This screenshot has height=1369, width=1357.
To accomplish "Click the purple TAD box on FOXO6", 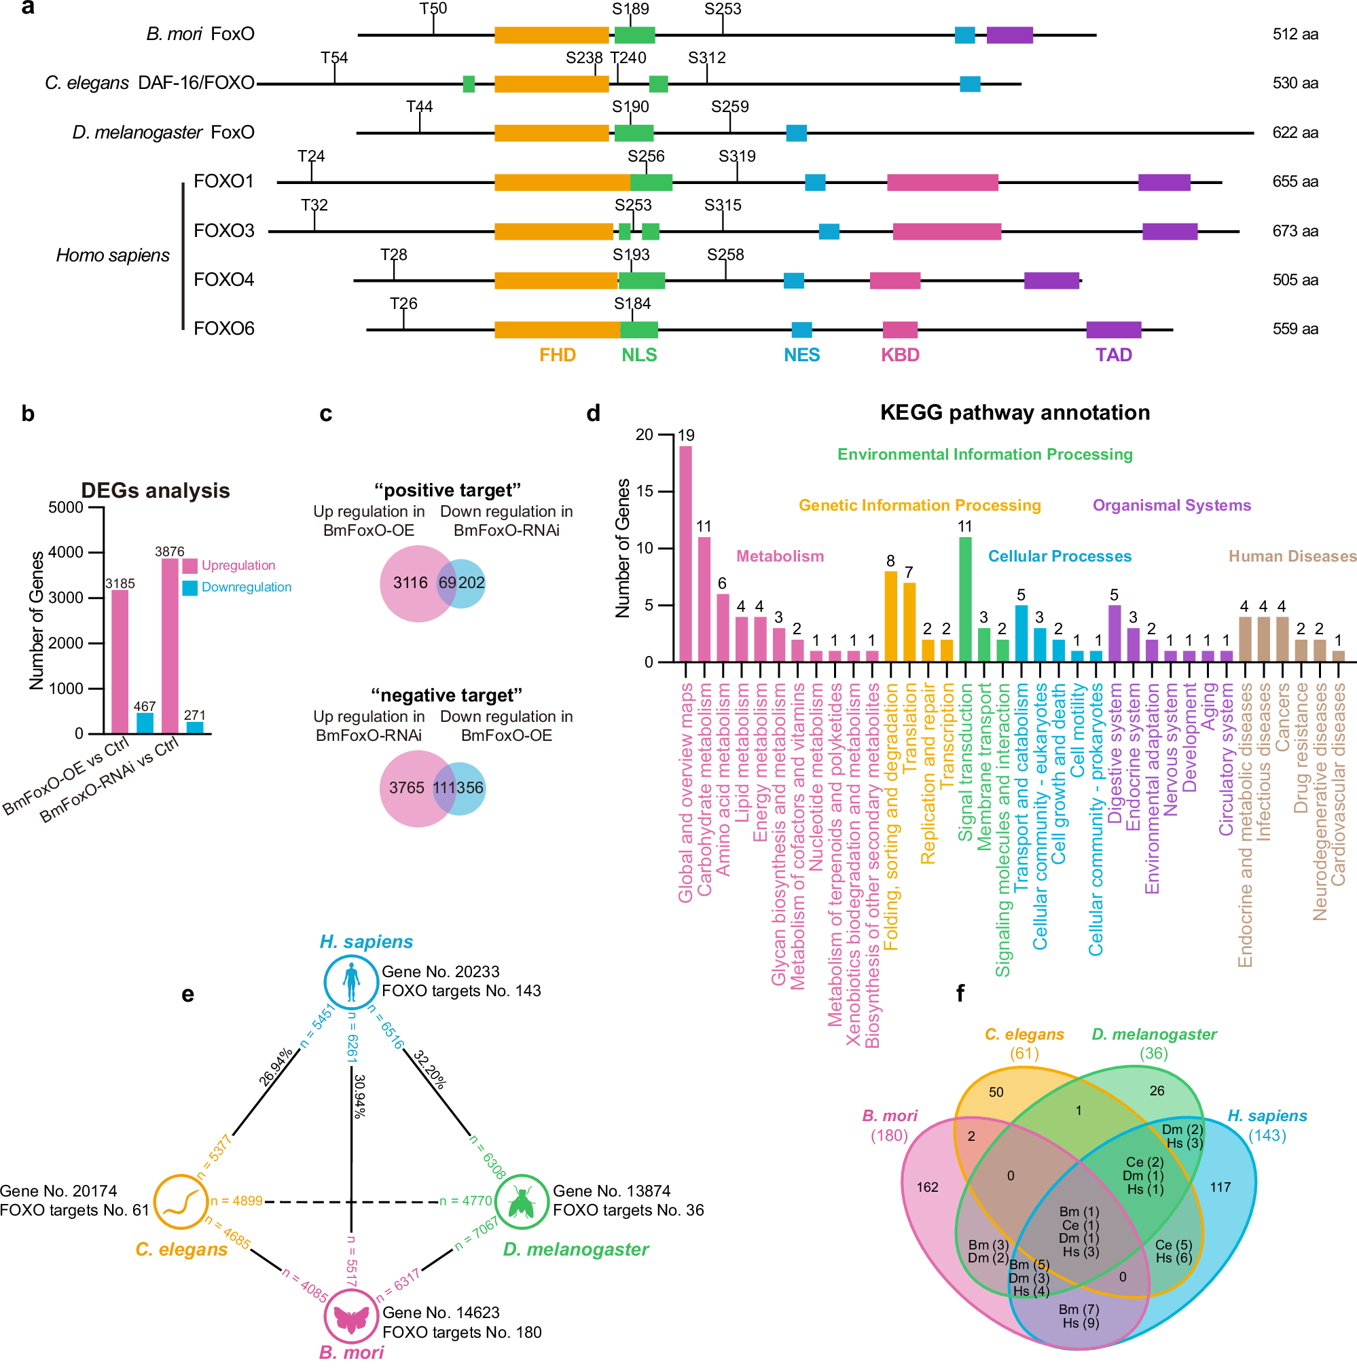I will click(1113, 329).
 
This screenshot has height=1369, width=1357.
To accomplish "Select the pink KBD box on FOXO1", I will click(942, 182).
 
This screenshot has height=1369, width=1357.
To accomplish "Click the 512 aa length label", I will click(1295, 34).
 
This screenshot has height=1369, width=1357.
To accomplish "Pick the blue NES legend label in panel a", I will click(801, 355).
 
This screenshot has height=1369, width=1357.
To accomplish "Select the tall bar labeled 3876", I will click(170, 646).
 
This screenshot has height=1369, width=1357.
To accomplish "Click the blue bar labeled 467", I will click(145, 723).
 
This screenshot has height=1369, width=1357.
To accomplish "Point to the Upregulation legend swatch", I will click(190, 566).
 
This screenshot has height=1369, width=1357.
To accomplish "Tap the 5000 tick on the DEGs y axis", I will click(66, 507).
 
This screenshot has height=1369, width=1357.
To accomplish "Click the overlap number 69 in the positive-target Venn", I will click(447, 583).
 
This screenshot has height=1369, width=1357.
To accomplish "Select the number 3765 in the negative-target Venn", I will click(407, 788).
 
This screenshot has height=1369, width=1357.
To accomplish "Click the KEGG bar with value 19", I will click(685, 553).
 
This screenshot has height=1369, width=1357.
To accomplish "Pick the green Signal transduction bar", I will click(964, 600).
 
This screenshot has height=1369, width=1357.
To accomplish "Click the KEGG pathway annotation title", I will click(1014, 412).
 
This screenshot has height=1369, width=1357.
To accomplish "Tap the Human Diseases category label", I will click(1292, 556).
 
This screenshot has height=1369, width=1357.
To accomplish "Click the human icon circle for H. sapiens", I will click(350, 982).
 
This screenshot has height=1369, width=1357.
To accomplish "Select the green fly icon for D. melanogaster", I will click(522, 1202).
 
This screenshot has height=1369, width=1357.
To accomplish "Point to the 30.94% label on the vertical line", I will click(360, 1096).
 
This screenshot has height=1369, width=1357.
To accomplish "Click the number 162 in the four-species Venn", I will click(928, 1187).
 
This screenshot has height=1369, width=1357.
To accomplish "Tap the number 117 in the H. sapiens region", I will click(1220, 1187).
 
